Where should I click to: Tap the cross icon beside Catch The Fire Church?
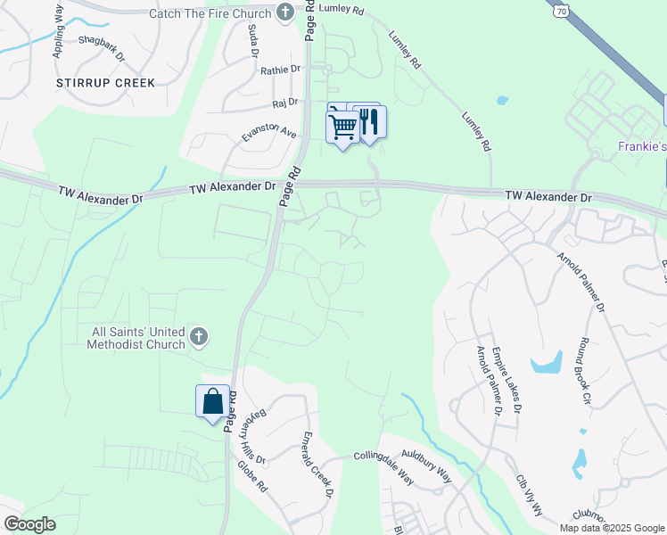pyautogui.click(x=285, y=12)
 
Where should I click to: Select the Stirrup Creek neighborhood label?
pyautogui.click(x=105, y=83)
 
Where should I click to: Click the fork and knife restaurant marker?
pyautogui.click(x=369, y=122)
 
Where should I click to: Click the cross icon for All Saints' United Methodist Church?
pyautogui.click(x=199, y=337)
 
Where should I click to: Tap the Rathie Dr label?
pyautogui.click(x=282, y=70)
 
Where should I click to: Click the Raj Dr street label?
pyautogui.click(x=285, y=103)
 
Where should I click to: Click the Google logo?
pyautogui.click(x=29, y=524)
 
